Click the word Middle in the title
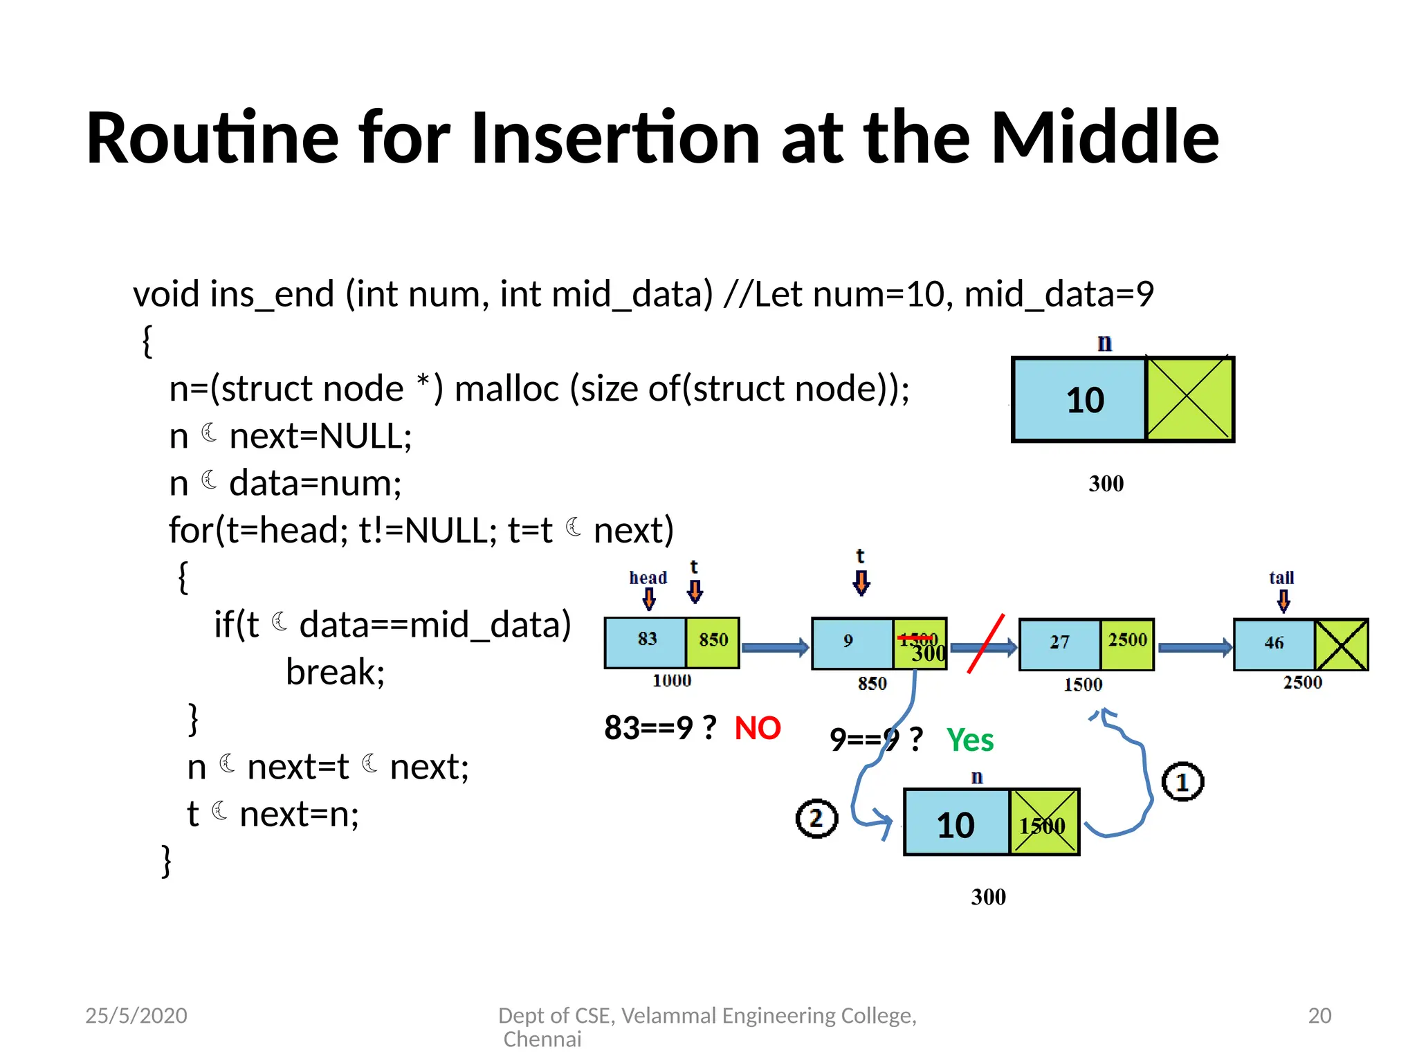1105,138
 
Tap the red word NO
757,728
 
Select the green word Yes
969,740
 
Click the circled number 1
1182,782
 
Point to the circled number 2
816,819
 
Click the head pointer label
648,578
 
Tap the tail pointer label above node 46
1281,578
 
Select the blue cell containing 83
646,642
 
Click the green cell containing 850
713,642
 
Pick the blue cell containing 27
1059,644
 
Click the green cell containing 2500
1127,644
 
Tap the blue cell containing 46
1274,644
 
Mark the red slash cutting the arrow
985,644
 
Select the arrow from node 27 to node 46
1194,648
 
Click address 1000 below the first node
672,681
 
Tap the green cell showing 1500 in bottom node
1043,823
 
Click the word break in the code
335,672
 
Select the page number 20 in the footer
1319,1015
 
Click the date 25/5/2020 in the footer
136,1015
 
